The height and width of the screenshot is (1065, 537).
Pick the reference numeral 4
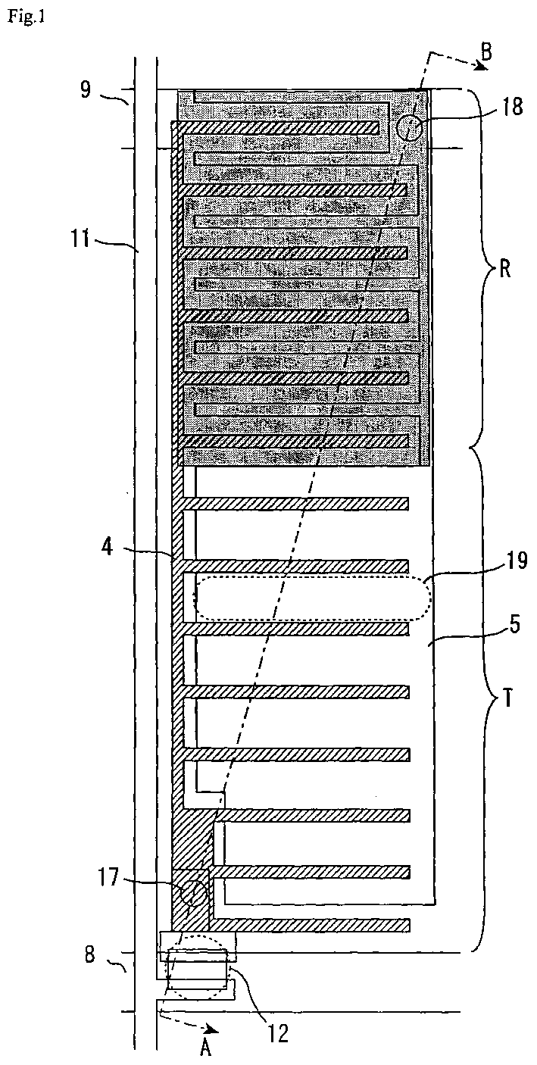pyautogui.click(x=108, y=546)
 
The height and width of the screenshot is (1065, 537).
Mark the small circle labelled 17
pyautogui.click(x=195, y=894)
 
